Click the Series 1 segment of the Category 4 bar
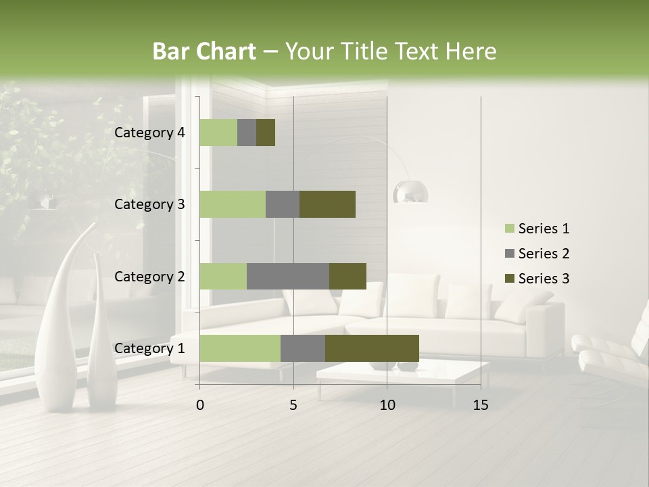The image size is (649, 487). (218, 133)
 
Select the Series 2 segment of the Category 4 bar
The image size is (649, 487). (247, 133)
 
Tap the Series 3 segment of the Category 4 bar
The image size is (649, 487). (266, 133)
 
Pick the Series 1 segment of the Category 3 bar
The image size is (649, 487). (233, 204)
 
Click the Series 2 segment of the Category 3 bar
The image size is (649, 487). (283, 204)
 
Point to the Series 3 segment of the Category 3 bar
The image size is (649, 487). (327, 204)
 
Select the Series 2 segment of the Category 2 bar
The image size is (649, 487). (288, 276)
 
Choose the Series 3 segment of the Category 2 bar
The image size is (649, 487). (347, 276)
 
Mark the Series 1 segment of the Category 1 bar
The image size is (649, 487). (240, 348)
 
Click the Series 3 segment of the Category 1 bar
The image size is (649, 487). (372, 348)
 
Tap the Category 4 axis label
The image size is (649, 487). (149, 133)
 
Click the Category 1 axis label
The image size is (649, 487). (149, 348)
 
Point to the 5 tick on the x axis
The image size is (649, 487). (293, 405)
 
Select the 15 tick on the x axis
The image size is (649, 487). (481, 405)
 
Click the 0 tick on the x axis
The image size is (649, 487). (200, 405)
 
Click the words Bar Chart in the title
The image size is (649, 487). (204, 51)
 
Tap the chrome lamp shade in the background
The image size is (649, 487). (411, 192)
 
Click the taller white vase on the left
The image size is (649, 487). (58, 318)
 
